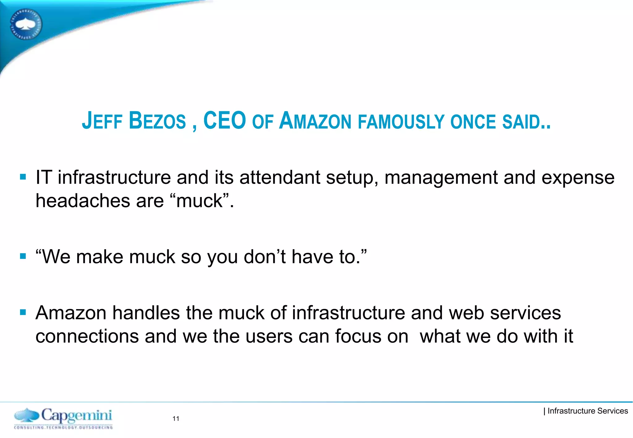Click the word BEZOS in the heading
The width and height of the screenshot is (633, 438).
pyautogui.click(x=157, y=121)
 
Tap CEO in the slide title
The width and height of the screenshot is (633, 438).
pyautogui.click(x=224, y=121)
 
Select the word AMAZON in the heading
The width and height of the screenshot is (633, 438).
pyautogui.click(x=315, y=121)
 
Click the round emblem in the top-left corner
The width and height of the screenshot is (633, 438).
pyautogui.click(x=26, y=24)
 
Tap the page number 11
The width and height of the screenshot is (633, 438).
pyautogui.click(x=176, y=419)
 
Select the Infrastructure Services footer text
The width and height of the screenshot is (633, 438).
pyautogui.click(x=587, y=411)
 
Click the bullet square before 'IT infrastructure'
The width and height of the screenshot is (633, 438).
pyautogui.click(x=23, y=177)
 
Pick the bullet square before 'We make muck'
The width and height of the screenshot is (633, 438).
pyautogui.click(x=23, y=256)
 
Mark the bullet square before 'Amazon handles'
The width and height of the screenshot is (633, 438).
pyautogui.click(x=23, y=312)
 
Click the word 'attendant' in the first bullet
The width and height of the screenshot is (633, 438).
pyautogui.click(x=280, y=178)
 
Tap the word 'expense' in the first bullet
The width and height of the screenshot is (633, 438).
pyautogui.click(x=578, y=178)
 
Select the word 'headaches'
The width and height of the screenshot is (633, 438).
pyautogui.click(x=83, y=201)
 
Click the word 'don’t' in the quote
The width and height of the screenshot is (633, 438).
pyautogui.click(x=265, y=257)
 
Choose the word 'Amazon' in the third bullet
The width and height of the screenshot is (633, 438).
pyautogui.click(x=71, y=313)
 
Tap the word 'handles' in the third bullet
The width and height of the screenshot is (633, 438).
pyautogui.click(x=146, y=313)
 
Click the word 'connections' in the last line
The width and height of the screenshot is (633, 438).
pyautogui.click(x=87, y=336)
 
